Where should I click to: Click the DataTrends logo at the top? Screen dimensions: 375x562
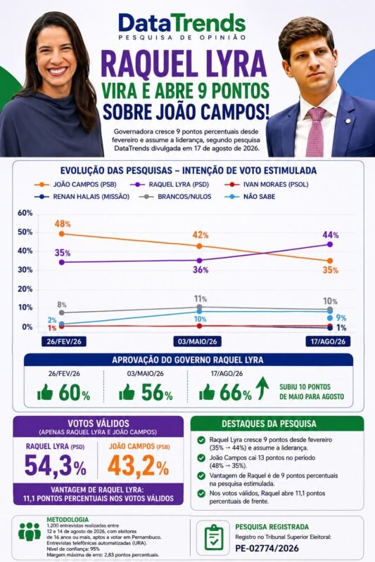(x=182, y=26)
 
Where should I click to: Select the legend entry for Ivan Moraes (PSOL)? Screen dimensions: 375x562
(x=266, y=185)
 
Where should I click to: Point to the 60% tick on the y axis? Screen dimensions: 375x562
(x=25, y=213)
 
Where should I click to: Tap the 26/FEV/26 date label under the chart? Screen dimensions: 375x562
(x=64, y=341)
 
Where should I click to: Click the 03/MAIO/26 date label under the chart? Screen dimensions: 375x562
(x=197, y=341)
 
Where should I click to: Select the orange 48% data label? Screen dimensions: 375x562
(x=63, y=224)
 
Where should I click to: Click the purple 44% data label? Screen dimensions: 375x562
(x=331, y=235)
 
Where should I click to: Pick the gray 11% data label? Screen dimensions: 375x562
(x=201, y=299)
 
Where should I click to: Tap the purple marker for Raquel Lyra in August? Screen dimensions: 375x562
(x=330, y=244)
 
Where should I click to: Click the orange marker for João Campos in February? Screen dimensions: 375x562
(x=61, y=234)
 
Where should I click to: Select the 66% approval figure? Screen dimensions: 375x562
(x=236, y=393)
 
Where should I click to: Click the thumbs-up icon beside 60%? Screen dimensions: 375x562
(x=45, y=392)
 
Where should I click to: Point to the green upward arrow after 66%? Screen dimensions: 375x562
(x=262, y=388)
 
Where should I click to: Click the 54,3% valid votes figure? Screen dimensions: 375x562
(x=56, y=466)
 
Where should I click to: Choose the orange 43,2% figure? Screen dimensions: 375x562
(x=138, y=466)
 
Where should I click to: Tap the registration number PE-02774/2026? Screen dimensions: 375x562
(x=267, y=548)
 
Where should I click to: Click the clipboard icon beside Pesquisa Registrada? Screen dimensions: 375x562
(x=213, y=537)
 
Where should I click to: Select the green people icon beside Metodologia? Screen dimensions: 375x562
(x=30, y=532)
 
